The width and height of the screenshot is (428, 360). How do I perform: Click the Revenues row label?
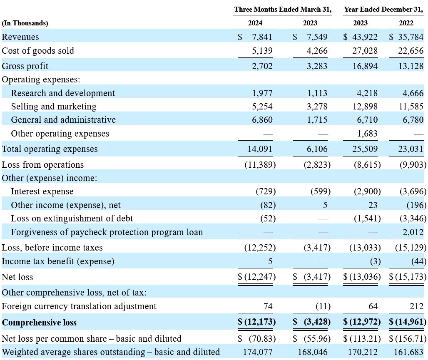click(x=20, y=37)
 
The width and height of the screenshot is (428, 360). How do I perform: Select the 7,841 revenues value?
click(x=262, y=37)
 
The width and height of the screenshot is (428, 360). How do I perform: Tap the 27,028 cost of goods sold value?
click(x=365, y=51)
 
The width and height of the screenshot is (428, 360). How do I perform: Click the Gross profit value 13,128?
click(x=411, y=66)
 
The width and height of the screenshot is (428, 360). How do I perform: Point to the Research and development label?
click(x=63, y=93)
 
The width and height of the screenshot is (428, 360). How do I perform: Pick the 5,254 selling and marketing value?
click(x=262, y=107)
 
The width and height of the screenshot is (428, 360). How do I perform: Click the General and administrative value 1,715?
click(x=317, y=120)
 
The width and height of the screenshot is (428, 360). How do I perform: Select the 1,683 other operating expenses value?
click(x=367, y=134)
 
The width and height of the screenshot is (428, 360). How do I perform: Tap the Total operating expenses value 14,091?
click(x=260, y=149)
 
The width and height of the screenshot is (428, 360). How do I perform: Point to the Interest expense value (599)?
click(x=321, y=191)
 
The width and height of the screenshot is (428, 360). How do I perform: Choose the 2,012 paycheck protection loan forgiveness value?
click(x=413, y=232)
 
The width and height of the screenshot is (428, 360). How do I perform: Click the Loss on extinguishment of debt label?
click(x=72, y=218)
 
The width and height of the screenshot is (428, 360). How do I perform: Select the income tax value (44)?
click(x=419, y=261)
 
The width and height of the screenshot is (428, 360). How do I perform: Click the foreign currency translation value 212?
click(x=416, y=306)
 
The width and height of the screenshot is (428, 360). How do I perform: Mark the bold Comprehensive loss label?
click(x=39, y=323)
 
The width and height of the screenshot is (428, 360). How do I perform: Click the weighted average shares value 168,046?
click(x=313, y=352)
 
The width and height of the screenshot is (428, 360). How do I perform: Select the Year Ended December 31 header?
click(x=383, y=10)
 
